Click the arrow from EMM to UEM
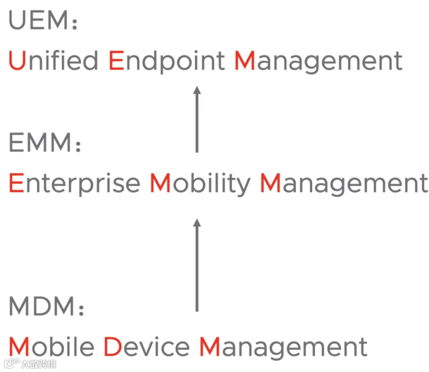pos(197,119)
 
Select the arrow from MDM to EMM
pos(197,265)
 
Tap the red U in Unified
pos(17,61)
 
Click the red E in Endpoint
pos(116,61)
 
